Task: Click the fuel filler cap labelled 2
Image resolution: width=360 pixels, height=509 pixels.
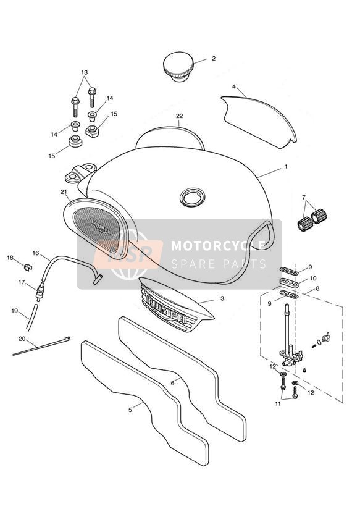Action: click(178, 66)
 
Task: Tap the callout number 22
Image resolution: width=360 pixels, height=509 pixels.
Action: click(180, 116)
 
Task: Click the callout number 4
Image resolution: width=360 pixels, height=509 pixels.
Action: click(234, 86)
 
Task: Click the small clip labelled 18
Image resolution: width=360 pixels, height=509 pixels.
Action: click(28, 267)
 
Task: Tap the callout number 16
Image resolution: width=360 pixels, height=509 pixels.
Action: click(36, 253)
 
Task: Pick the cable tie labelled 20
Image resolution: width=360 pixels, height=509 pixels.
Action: click(41, 346)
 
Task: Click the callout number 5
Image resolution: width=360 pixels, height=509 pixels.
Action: click(130, 410)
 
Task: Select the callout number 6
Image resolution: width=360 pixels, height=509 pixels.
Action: click(172, 383)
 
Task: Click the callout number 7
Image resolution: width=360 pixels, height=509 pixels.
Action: click(304, 197)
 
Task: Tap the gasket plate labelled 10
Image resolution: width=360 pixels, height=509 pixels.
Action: click(289, 282)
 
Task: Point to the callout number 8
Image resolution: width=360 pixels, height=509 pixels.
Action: click(317, 288)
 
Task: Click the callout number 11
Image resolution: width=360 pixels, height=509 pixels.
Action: click(278, 404)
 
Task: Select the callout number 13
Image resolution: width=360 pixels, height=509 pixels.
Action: click(85, 72)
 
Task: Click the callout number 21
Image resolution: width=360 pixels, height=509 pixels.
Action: click(64, 192)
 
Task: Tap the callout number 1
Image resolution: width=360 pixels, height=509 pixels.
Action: click(286, 167)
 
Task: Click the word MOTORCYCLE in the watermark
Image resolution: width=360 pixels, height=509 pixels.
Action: click(218, 246)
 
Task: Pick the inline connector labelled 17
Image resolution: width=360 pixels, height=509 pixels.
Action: click(40, 292)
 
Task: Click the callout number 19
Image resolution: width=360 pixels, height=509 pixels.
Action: click(15, 311)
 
